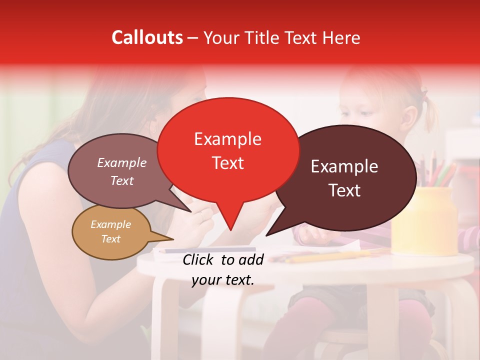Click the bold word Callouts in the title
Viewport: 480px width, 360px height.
pyautogui.click(x=147, y=37)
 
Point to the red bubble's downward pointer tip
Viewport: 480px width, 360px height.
pyautogui.click(x=230, y=230)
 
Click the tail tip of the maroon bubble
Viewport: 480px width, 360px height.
pyautogui.click(x=266, y=235)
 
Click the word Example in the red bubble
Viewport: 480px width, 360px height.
pyautogui.click(x=227, y=139)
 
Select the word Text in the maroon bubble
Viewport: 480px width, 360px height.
pyautogui.click(x=344, y=190)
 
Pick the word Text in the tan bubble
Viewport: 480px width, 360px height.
pyautogui.click(x=110, y=239)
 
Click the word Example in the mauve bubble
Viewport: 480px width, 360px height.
pyautogui.click(x=121, y=162)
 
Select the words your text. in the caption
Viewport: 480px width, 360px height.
pyautogui.click(x=222, y=280)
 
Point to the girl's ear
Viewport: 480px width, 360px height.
pyautogui.click(x=408, y=118)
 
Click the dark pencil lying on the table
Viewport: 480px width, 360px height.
pyautogui.click(x=210, y=249)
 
